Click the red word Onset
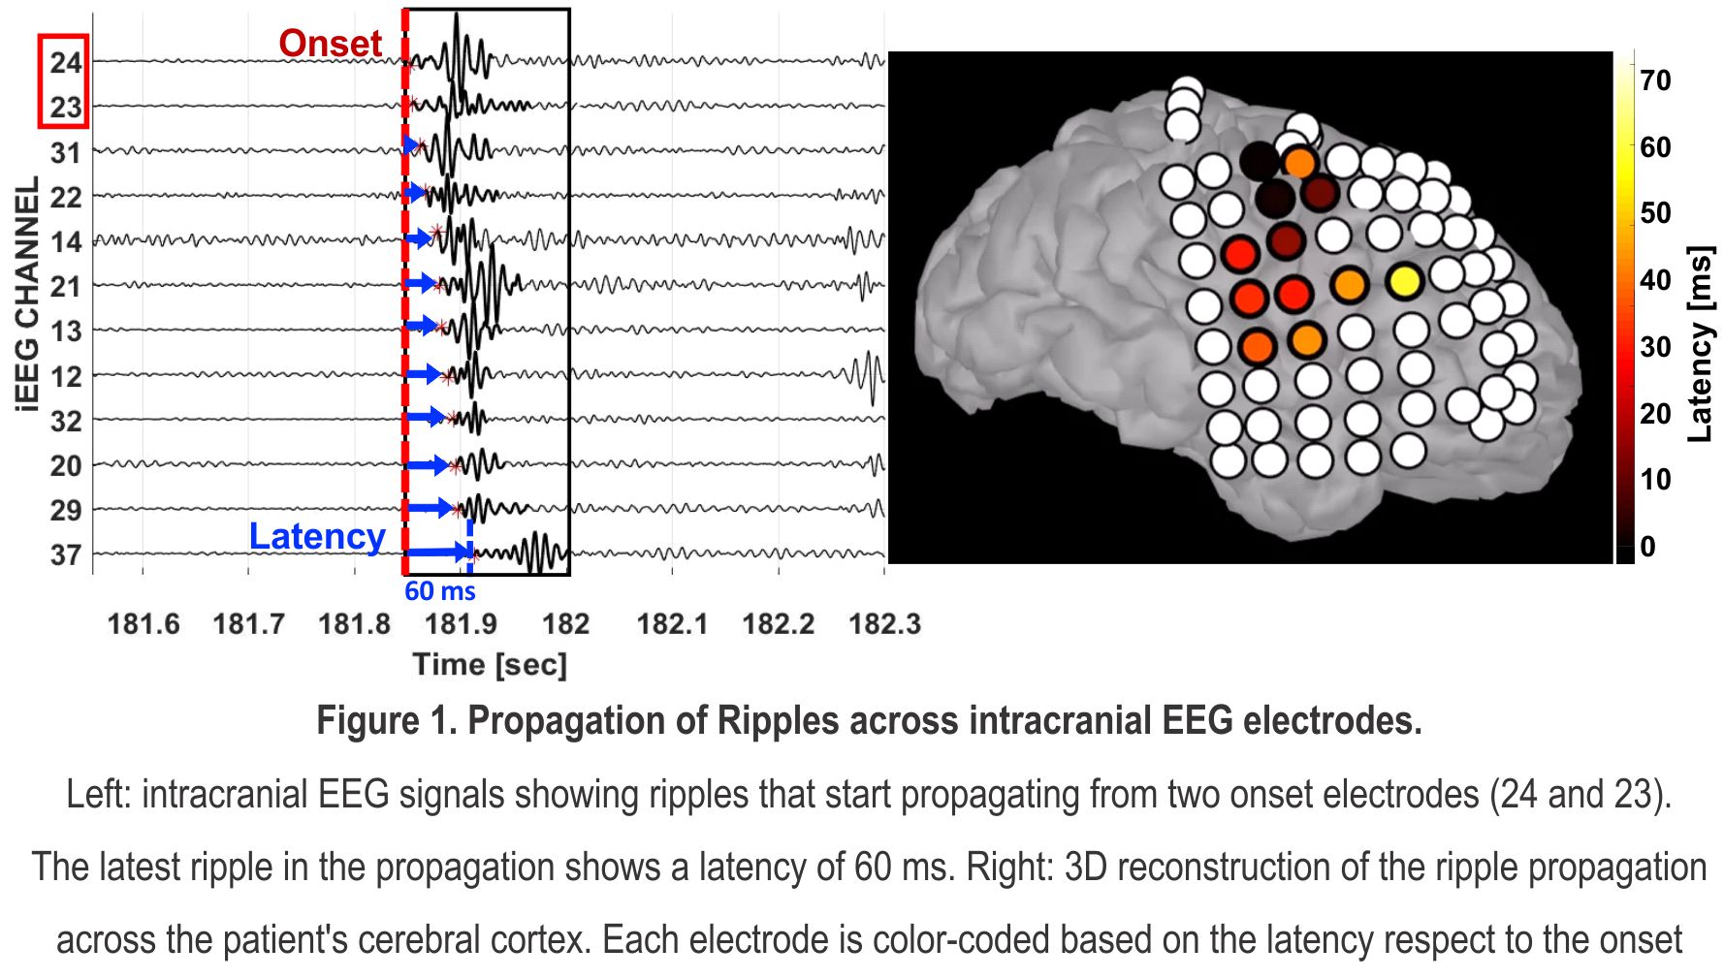pos(330,44)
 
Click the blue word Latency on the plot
pos(317,536)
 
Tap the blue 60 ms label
pos(439,591)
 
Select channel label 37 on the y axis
pos(66,555)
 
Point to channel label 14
pos(66,241)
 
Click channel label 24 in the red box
pos(66,63)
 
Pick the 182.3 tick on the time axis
pos(883,624)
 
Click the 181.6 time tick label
pos(144,624)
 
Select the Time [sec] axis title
pos(490,665)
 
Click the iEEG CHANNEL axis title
pos(28,294)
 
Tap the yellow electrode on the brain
pos(1404,281)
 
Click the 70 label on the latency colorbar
pos(1656,80)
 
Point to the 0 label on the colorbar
pos(1647,547)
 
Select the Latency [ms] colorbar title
pos(1699,344)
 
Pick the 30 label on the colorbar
pos(1656,347)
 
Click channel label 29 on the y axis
pos(66,511)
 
